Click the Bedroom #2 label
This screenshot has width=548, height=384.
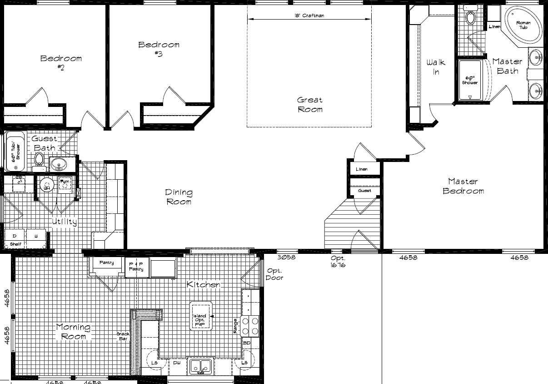(61, 62)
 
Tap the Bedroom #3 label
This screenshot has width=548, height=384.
(159, 49)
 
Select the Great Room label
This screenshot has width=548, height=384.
(310, 105)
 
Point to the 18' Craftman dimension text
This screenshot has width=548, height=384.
(309, 15)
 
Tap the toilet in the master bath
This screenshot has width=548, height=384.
(470, 18)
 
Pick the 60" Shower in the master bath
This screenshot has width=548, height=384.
(470, 80)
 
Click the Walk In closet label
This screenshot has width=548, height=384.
(436, 67)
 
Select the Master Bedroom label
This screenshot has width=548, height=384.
(463, 186)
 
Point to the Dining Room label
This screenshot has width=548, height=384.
(179, 197)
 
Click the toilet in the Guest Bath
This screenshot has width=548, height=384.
(39, 160)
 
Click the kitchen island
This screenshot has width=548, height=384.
(200, 316)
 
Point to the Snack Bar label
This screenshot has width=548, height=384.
(123, 337)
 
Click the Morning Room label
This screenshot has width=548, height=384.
(73, 332)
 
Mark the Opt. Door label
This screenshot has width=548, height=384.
(274, 274)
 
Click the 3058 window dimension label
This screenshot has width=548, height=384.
(286, 258)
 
